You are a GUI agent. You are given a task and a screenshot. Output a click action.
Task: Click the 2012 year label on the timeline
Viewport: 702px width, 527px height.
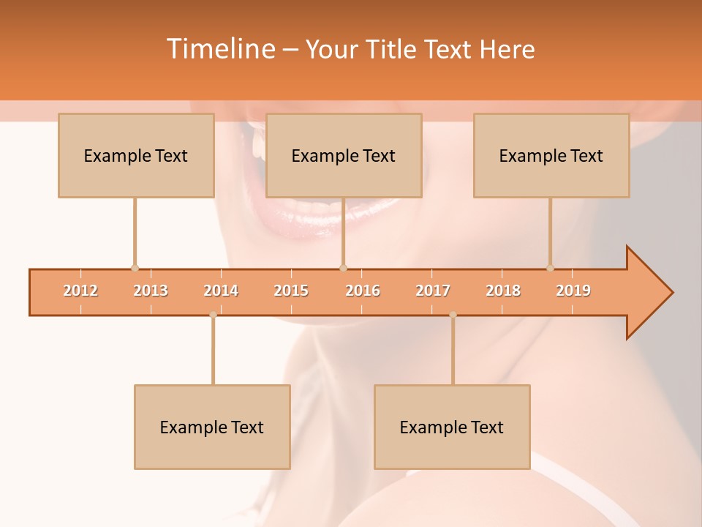[80, 291]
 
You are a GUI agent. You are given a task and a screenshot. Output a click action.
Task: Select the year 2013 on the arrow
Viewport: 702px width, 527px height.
[151, 291]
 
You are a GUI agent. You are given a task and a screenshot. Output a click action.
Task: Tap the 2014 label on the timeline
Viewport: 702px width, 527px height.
[221, 291]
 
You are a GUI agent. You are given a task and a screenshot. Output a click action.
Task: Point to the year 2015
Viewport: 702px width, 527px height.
[291, 291]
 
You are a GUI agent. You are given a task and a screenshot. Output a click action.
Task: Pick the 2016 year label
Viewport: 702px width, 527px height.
[363, 291]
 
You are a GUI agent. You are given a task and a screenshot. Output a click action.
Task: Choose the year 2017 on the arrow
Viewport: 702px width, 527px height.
[433, 291]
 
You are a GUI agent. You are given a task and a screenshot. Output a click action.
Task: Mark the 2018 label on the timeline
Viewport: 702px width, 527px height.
[503, 291]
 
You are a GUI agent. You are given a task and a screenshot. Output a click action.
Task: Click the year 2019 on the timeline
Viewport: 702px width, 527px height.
[573, 291]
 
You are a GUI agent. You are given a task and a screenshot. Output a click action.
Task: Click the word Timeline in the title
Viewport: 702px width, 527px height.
[219, 49]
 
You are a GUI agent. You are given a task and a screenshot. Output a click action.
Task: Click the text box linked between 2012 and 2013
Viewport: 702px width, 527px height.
[136, 155]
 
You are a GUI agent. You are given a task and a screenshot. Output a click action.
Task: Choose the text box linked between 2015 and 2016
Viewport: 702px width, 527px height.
[344, 155]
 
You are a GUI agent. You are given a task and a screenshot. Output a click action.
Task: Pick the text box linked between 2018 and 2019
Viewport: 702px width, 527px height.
[551, 155]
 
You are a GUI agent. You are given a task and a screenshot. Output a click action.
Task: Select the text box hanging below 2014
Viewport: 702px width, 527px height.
[212, 427]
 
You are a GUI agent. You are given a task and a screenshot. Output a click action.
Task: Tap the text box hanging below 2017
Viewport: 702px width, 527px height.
[452, 427]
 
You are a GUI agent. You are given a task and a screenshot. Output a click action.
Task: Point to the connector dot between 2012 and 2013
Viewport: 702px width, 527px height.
[135, 269]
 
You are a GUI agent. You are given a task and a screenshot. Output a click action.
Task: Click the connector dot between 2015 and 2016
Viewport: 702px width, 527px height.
[344, 269]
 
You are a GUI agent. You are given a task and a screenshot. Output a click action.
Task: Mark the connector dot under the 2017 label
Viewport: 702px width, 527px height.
[453, 315]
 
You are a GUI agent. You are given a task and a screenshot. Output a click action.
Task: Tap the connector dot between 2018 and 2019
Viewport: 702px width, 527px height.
[551, 269]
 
